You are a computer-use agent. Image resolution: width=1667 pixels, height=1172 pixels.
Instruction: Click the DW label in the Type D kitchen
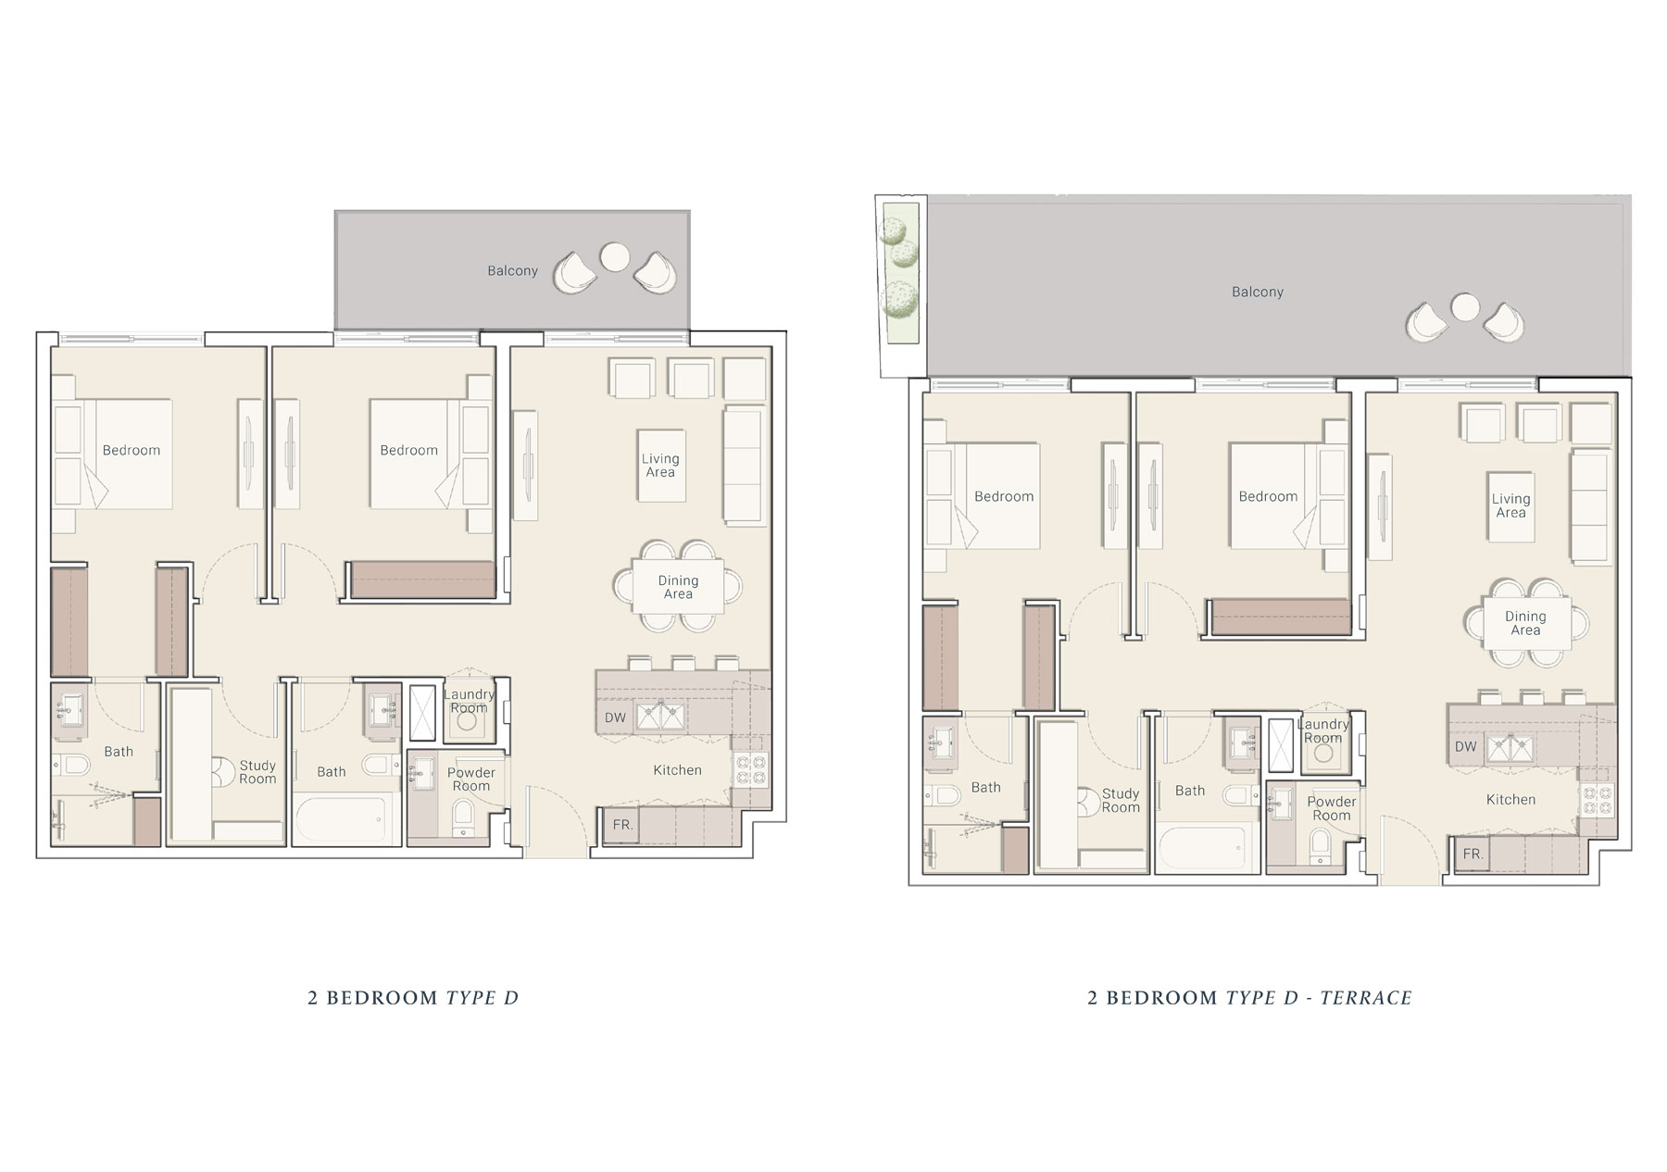point(615,717)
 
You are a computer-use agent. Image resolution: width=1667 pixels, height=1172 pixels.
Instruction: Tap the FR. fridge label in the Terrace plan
point(1473,854)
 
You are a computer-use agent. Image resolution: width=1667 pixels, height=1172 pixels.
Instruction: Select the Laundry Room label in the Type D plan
point(469,701)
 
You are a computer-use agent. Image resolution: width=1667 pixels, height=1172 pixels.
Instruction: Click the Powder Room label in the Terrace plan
point(1332,808)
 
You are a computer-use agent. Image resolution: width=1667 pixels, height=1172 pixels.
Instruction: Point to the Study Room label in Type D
point(257,772)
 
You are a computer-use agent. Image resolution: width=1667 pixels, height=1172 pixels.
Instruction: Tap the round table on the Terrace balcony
point(1464,306)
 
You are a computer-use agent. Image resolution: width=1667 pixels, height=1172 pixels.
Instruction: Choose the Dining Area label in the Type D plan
point(678,587)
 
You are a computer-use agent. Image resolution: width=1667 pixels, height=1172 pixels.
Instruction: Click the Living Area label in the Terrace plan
point(1510,505)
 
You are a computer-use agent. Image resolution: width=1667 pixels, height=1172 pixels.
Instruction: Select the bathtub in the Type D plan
point(341,816)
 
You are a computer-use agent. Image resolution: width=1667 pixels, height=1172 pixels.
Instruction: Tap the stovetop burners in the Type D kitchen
point(750,770)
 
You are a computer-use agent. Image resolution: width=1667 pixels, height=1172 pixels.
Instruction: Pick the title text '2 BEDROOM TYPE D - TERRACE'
point(1249,998)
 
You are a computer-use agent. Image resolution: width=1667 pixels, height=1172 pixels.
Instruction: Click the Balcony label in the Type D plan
point(512,270)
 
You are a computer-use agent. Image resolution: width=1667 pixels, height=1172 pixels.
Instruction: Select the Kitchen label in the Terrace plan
point(1510,799)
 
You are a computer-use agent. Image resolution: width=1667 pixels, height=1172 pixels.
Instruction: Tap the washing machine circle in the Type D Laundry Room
point(467,722)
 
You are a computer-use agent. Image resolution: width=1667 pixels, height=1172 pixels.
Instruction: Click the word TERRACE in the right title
point(1366,998)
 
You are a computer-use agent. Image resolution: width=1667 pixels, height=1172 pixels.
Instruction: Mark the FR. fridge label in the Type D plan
point(622,825)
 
